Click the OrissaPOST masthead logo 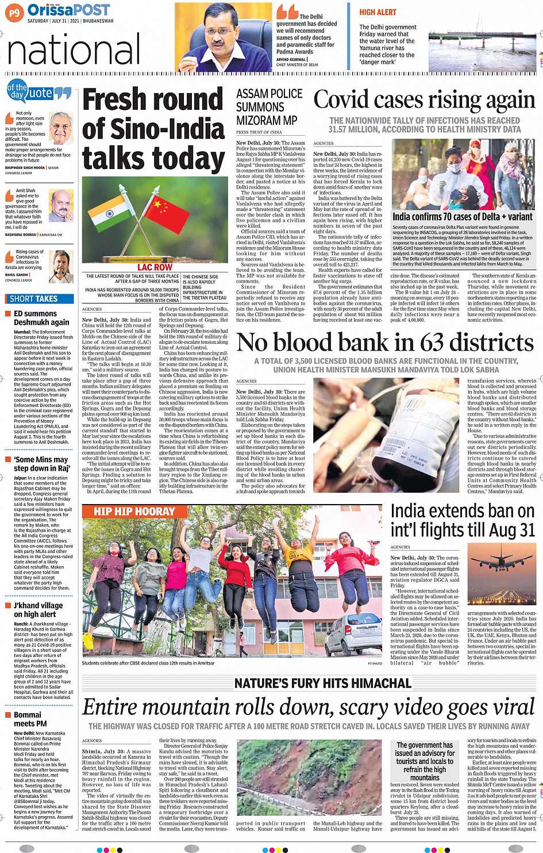tap(68, 10)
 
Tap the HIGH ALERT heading tap(378, 12)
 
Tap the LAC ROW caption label tap(155, 267)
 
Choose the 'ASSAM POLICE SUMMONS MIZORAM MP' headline tap(269, 107)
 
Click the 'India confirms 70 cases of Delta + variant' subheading tap(462, 217)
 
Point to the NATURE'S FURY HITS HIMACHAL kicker tap(322, 683)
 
